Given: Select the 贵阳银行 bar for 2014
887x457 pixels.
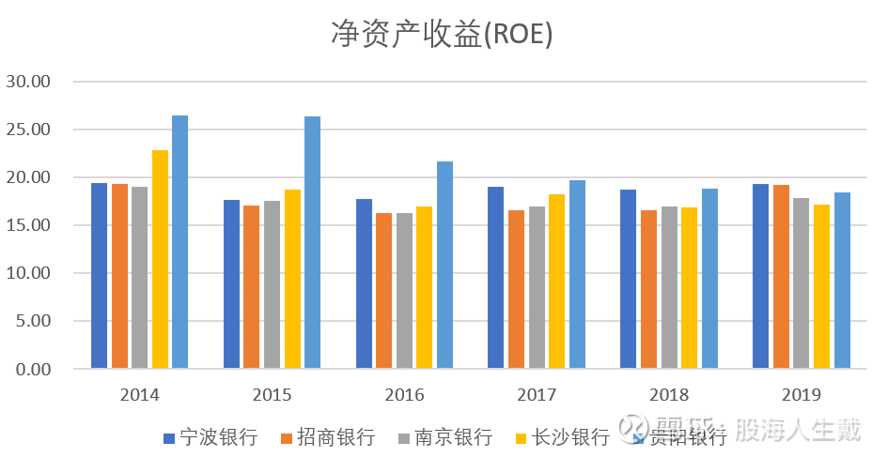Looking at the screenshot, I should pyautogui.click(x=179, y=242).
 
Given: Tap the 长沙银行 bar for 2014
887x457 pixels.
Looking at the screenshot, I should pyautogui.click(x=160, y=259).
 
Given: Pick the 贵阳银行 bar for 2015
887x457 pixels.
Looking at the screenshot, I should pyautogui.click(x=312, y=242).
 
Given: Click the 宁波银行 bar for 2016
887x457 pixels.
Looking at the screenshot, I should pyautogui.click(x=364, y=283).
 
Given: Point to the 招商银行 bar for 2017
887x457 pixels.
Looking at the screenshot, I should pyautogui.click(x=516, y=289).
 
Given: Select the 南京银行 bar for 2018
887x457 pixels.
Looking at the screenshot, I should pyautogui.click(x=669, y=287).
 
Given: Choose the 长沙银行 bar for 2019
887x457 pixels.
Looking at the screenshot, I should pyautogui.click(x=821, y=286).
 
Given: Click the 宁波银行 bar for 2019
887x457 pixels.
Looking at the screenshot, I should pyautogui.click(x=760, y=276).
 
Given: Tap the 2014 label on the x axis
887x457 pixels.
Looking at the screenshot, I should pyautogui.click(x=139, y=394).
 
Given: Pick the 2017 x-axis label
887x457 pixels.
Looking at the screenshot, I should pyautogui.click(x=536, y=394).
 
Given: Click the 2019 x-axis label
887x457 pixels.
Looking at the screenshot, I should pyautogui.click(x=801, y=394).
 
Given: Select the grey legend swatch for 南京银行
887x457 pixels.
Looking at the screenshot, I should pyautogui.click(x=405, y=438).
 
